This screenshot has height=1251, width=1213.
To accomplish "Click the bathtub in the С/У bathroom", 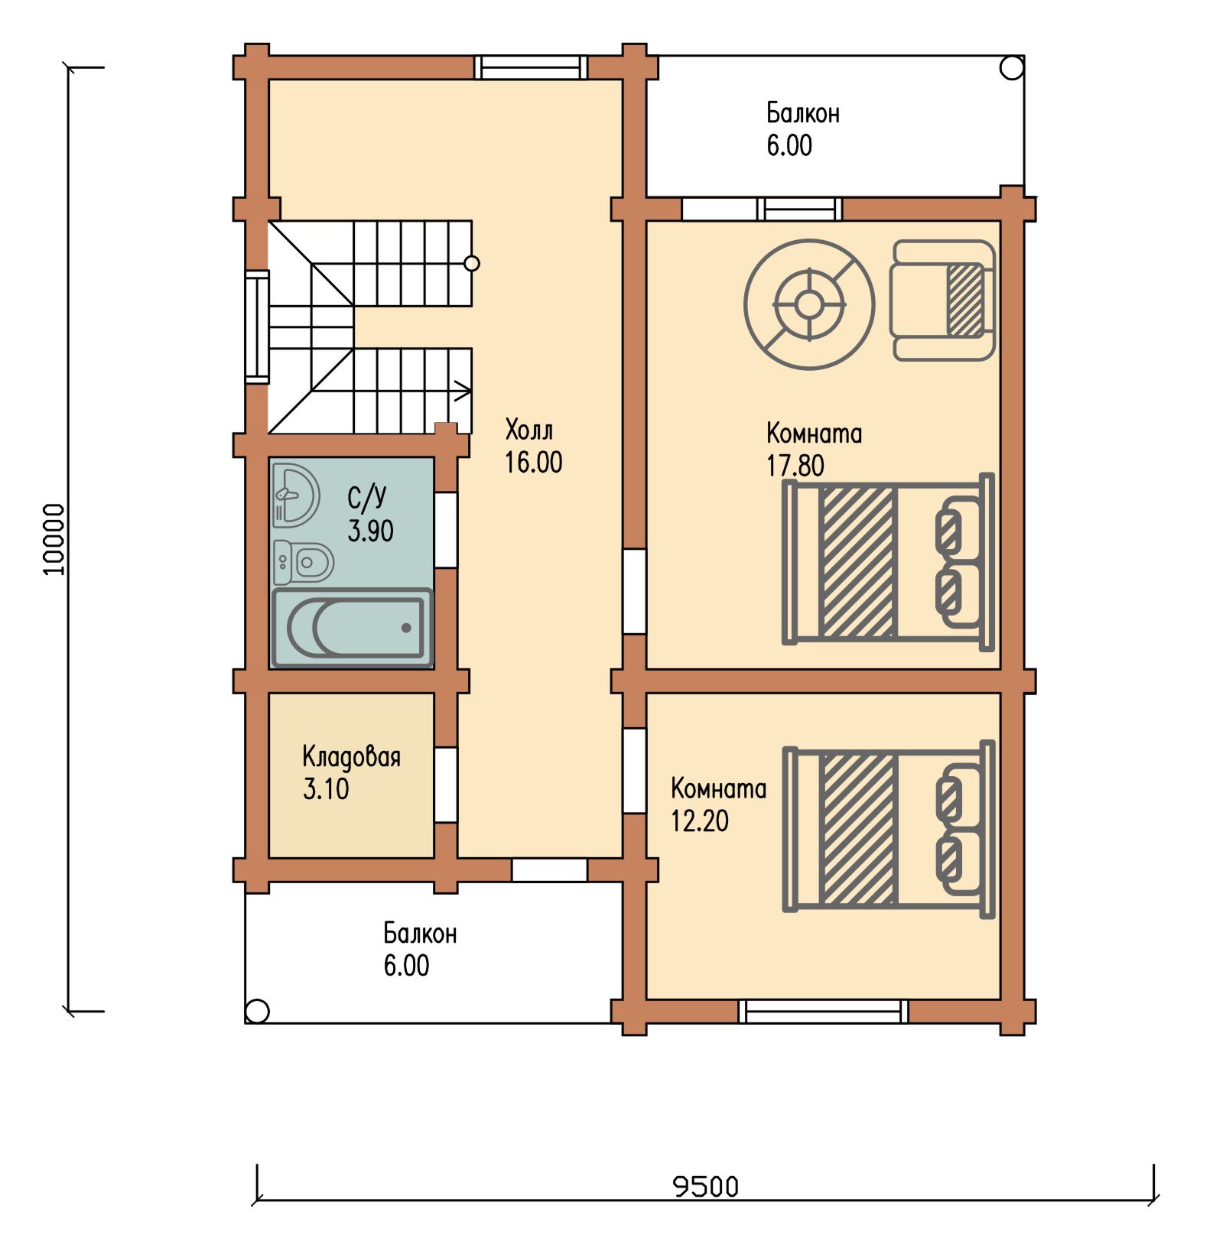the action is (x=353, y=628).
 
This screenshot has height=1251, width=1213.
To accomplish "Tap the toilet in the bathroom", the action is (x=304, y=562).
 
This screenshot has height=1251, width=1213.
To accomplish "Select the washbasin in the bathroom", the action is (x=295, y=496).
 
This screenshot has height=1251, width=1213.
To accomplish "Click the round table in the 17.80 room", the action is (x=808, y=304).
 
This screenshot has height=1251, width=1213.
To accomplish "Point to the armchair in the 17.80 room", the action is (x=942, y=301).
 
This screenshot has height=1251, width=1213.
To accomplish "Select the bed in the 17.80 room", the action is (x=888, y=561).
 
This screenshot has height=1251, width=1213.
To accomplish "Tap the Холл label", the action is (x=528, y=430).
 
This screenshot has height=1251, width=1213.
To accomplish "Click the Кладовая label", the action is (x=351, y=756).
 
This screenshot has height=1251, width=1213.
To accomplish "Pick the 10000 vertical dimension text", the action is (x=54, y=539).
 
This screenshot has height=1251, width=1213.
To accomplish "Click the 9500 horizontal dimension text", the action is (x=705, y=1186).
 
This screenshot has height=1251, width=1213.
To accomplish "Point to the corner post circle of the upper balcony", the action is (x=1012, y=68).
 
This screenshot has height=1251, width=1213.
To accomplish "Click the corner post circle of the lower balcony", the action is (x=258, y=1011).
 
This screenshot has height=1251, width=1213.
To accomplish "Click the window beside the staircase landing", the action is (x=257, y=327).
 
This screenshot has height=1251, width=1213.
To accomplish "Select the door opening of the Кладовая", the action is (x=446, y=785).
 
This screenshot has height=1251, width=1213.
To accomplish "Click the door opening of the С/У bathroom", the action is (x=446, y=530).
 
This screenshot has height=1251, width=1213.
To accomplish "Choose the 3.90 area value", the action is (x=370, y=530).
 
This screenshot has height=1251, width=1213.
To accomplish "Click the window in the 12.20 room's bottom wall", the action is (x=824, y=1011).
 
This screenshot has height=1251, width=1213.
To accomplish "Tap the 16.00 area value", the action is (x=533, y=462).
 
